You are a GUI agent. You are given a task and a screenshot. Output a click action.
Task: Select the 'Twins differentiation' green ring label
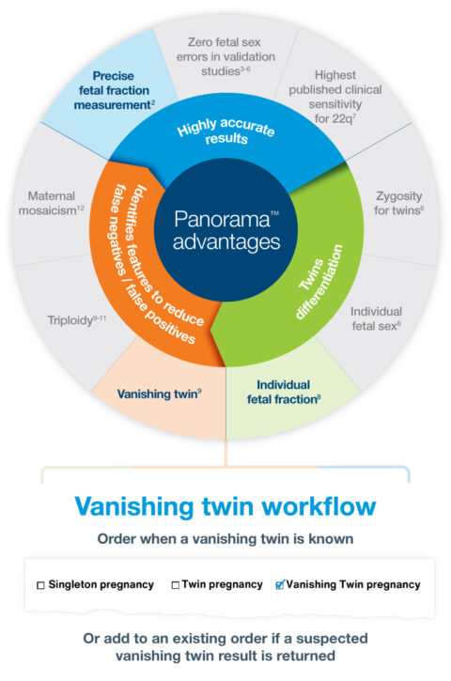317,267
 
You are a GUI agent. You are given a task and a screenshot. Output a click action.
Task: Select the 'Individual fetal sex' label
376,317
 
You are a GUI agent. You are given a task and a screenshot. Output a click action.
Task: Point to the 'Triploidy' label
76,319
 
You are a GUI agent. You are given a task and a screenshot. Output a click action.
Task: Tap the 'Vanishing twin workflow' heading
225,506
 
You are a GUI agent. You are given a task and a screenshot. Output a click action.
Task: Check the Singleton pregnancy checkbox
40,585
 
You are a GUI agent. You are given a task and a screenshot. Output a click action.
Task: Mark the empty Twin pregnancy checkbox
176,585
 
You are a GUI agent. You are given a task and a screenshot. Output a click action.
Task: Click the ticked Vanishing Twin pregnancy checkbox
279,584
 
